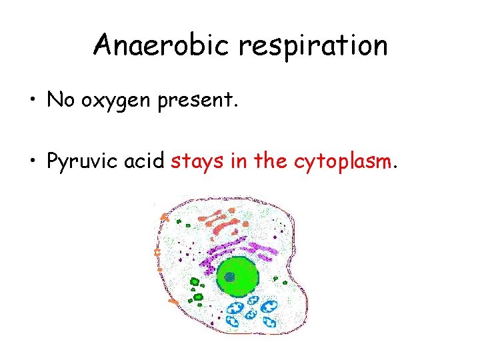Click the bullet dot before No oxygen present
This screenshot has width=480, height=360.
tap(32, 101)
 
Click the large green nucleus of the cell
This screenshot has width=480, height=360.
tap(237, 275)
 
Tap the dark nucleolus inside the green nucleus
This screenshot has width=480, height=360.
tap(229, 276)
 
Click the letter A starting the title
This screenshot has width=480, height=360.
tap(103, 45)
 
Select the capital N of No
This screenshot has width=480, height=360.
tap(54, 100)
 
